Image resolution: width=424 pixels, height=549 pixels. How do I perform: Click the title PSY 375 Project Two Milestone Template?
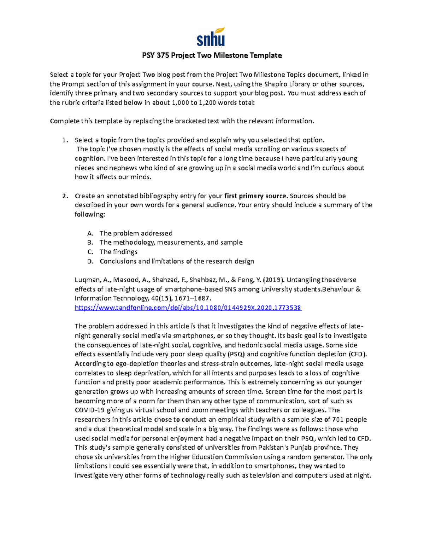[x=212, y=55]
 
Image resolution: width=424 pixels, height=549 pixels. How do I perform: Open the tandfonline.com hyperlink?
[x=188, y=308]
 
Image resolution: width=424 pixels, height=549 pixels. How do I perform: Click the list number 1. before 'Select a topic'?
[x=65, y=140]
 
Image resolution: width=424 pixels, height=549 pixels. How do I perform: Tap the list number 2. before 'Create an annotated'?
[x=65, y=196]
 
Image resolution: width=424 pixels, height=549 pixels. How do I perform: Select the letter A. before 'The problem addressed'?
[x=90, y=233]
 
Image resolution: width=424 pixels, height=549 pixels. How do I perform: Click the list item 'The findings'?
[x=118, y=252]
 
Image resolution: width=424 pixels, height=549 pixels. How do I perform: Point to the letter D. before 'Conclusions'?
[x=90, y=261]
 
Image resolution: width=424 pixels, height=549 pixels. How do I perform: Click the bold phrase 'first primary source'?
[x=255, y=196]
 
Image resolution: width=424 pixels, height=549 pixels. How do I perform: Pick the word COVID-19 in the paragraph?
[x=90, y=410]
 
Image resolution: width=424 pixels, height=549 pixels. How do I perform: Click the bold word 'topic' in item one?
[x=108, y=140]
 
